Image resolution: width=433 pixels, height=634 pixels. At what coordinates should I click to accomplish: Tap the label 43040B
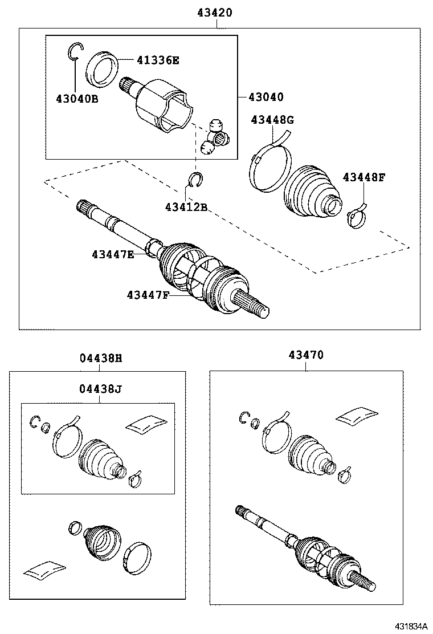click(77, 99)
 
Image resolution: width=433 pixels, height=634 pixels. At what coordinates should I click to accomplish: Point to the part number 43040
click(265, 97)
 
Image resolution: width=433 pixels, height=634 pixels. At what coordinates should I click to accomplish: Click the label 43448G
click(273, 120)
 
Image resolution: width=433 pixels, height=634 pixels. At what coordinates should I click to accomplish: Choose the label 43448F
click(364, 177)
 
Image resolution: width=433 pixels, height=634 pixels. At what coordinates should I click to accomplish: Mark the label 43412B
click(186, 206)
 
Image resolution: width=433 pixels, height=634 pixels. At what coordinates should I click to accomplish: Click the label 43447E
click(112, 254)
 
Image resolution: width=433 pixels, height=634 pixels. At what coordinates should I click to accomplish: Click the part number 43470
click(305, 355)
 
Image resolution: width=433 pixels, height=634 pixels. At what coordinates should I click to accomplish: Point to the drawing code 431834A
click(408, 625)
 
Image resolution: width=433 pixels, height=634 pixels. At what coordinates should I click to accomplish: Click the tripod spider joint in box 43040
click(217, 136)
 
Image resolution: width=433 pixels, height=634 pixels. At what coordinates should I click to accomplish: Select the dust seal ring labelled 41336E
click(102, 70)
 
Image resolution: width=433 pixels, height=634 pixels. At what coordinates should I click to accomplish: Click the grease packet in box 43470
click(357, 417)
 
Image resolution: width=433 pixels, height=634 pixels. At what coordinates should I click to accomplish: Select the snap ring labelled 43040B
click(74, 51)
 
